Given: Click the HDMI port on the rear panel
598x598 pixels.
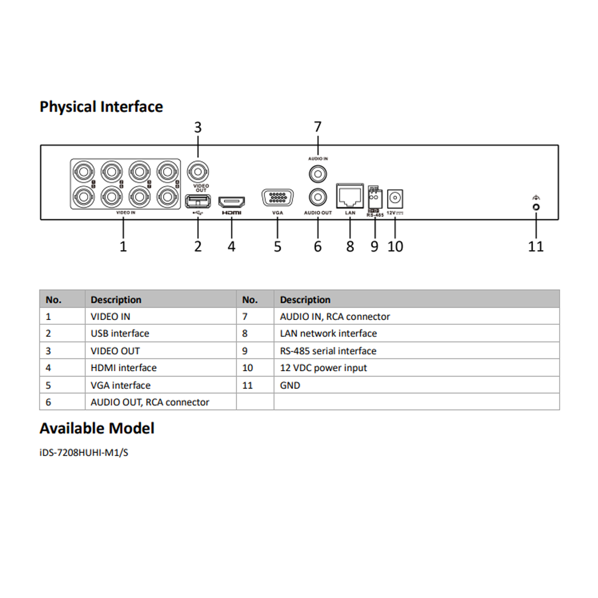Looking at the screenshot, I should coord(232,202).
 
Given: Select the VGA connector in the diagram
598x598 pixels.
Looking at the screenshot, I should coord(277,198).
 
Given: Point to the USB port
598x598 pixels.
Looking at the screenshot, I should coord(198,201).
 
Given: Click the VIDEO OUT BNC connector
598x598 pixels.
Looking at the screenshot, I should coord(198,171).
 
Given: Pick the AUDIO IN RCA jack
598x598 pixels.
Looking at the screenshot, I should coord(318,174).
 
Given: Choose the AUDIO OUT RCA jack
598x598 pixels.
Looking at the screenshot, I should coord(318,197).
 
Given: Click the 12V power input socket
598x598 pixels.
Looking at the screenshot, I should coord(395,198).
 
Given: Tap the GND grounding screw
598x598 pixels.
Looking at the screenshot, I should coord(536,207).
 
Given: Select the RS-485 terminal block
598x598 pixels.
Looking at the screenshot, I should coord(375,198).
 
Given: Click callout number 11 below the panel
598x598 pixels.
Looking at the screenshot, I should coord(536,247).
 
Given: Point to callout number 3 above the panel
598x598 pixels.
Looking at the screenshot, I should coord(198,128).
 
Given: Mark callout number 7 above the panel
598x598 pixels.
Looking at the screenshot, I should coord(318,127).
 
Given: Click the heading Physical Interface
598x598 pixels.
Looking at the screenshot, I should coord(101,107).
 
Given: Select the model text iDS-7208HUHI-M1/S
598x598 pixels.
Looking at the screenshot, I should coord(84,453).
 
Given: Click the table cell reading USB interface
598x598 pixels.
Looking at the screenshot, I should coord(120,333).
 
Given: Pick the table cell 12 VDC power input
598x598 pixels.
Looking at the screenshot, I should coord(323,368).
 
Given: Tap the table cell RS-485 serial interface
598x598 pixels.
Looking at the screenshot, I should coord(328,351).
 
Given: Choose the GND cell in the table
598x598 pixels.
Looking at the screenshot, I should coord(290,386).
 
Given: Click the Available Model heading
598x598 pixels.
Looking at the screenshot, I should coord(97,428).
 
